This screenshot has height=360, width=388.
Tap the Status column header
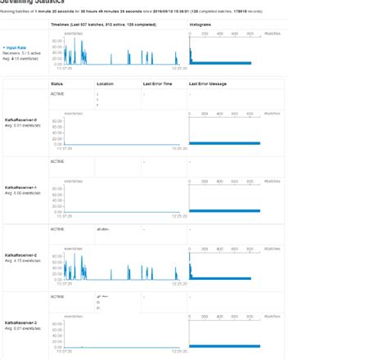point(56,84)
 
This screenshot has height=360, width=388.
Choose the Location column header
point(106,84)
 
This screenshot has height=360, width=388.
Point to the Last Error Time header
point(156,84)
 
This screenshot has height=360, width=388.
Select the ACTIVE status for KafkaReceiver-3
point(57,296)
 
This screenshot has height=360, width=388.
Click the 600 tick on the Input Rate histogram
point(236,34)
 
